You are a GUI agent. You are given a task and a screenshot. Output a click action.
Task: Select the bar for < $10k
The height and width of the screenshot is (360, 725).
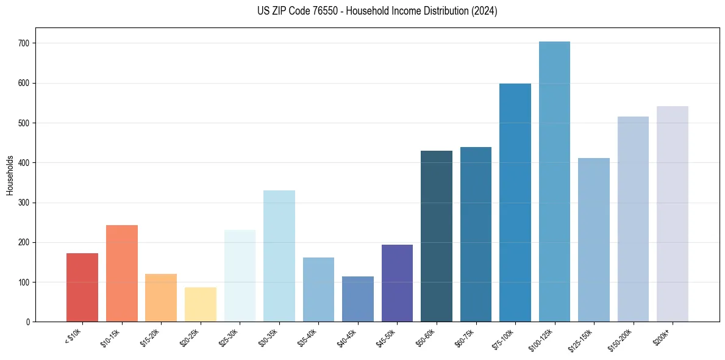coord(82,287)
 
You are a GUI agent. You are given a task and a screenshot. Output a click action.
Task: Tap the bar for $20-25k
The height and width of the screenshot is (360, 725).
coord(201,304)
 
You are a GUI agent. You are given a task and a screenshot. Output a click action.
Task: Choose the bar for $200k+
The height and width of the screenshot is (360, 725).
coord(673,214)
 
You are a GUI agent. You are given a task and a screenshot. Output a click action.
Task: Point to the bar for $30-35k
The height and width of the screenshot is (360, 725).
coord(279,256)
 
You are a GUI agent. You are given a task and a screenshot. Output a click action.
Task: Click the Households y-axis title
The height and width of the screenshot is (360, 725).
coord(10,175)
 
